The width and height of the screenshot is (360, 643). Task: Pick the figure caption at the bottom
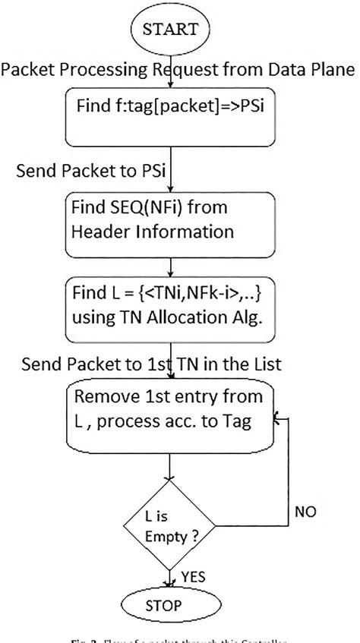180,635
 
